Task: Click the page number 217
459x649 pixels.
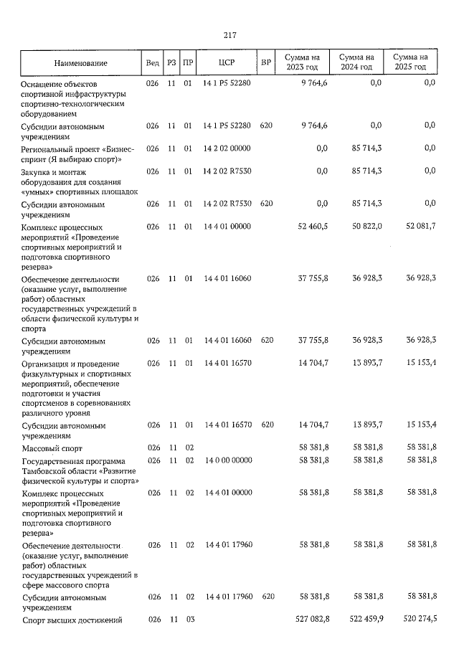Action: pyautogui.click(x=229, y=35)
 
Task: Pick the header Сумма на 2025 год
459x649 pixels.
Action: pyautogui.click(x=410, y=62)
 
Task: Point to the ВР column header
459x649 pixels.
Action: pyautogui.click(x=266, y=62)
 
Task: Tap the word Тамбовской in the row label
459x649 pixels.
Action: pyautogui.click(x=47, y=470)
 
